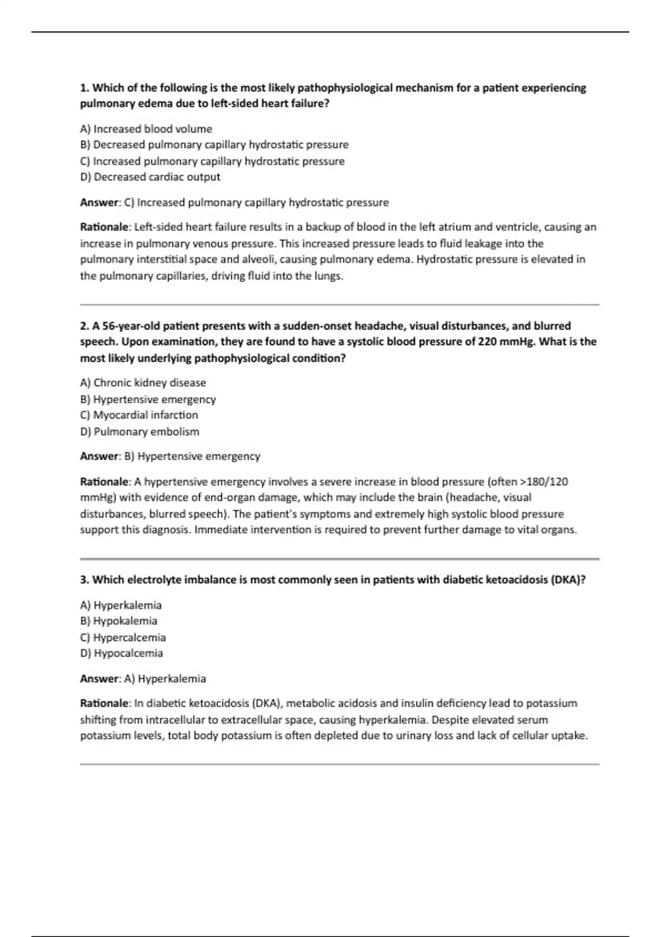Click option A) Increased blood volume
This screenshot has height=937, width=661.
point(146,129)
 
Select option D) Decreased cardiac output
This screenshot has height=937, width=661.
point(150,177)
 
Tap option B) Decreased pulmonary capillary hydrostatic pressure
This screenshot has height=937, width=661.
point(214,145)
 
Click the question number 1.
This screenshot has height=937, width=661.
point(84,88)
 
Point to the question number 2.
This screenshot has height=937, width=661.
point(84,326)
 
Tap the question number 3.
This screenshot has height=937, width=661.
point(84,580)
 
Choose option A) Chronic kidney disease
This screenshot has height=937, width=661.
point(143,383)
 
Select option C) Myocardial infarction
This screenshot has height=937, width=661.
point(139,415)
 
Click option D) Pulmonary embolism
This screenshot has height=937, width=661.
point(139,432)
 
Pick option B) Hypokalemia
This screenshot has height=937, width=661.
point(118,621)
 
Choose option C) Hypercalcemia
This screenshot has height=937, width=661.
point(122,638)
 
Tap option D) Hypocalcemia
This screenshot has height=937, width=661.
point(121,654)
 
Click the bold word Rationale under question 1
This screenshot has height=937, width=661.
point(104,227)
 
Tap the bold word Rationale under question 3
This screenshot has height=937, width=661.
point(104,703)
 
